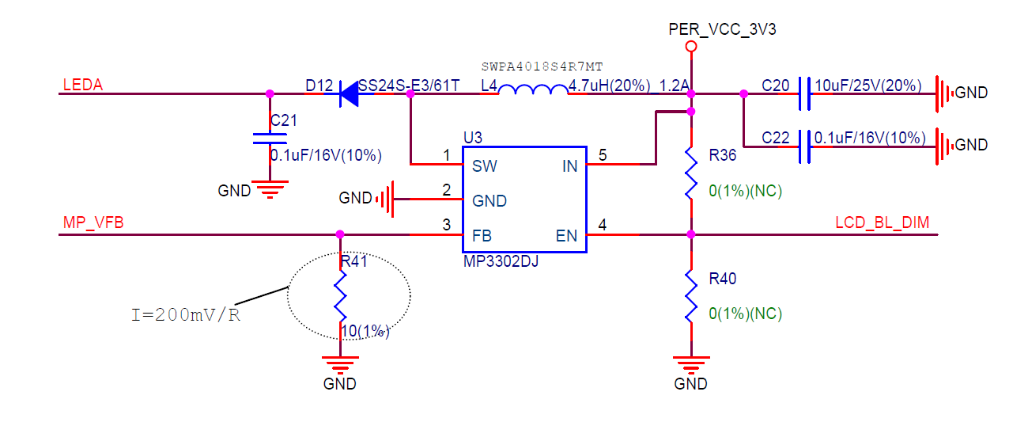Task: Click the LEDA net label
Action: click(82, 85)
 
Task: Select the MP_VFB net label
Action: click(93, 224)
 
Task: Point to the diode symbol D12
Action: click(349, 94)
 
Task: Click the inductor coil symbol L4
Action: click(533, 93)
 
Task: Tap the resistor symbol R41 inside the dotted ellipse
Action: click(340, 295)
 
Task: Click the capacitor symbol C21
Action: click(270, 139)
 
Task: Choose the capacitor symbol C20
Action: click(804, 93)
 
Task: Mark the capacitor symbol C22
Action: click(804, 146)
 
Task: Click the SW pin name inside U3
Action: click(484, 166)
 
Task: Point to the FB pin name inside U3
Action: click(483, 235)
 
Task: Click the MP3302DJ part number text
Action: click(501, 260)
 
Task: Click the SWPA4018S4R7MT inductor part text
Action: click(547, 67)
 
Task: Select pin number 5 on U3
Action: click(603, 156)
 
